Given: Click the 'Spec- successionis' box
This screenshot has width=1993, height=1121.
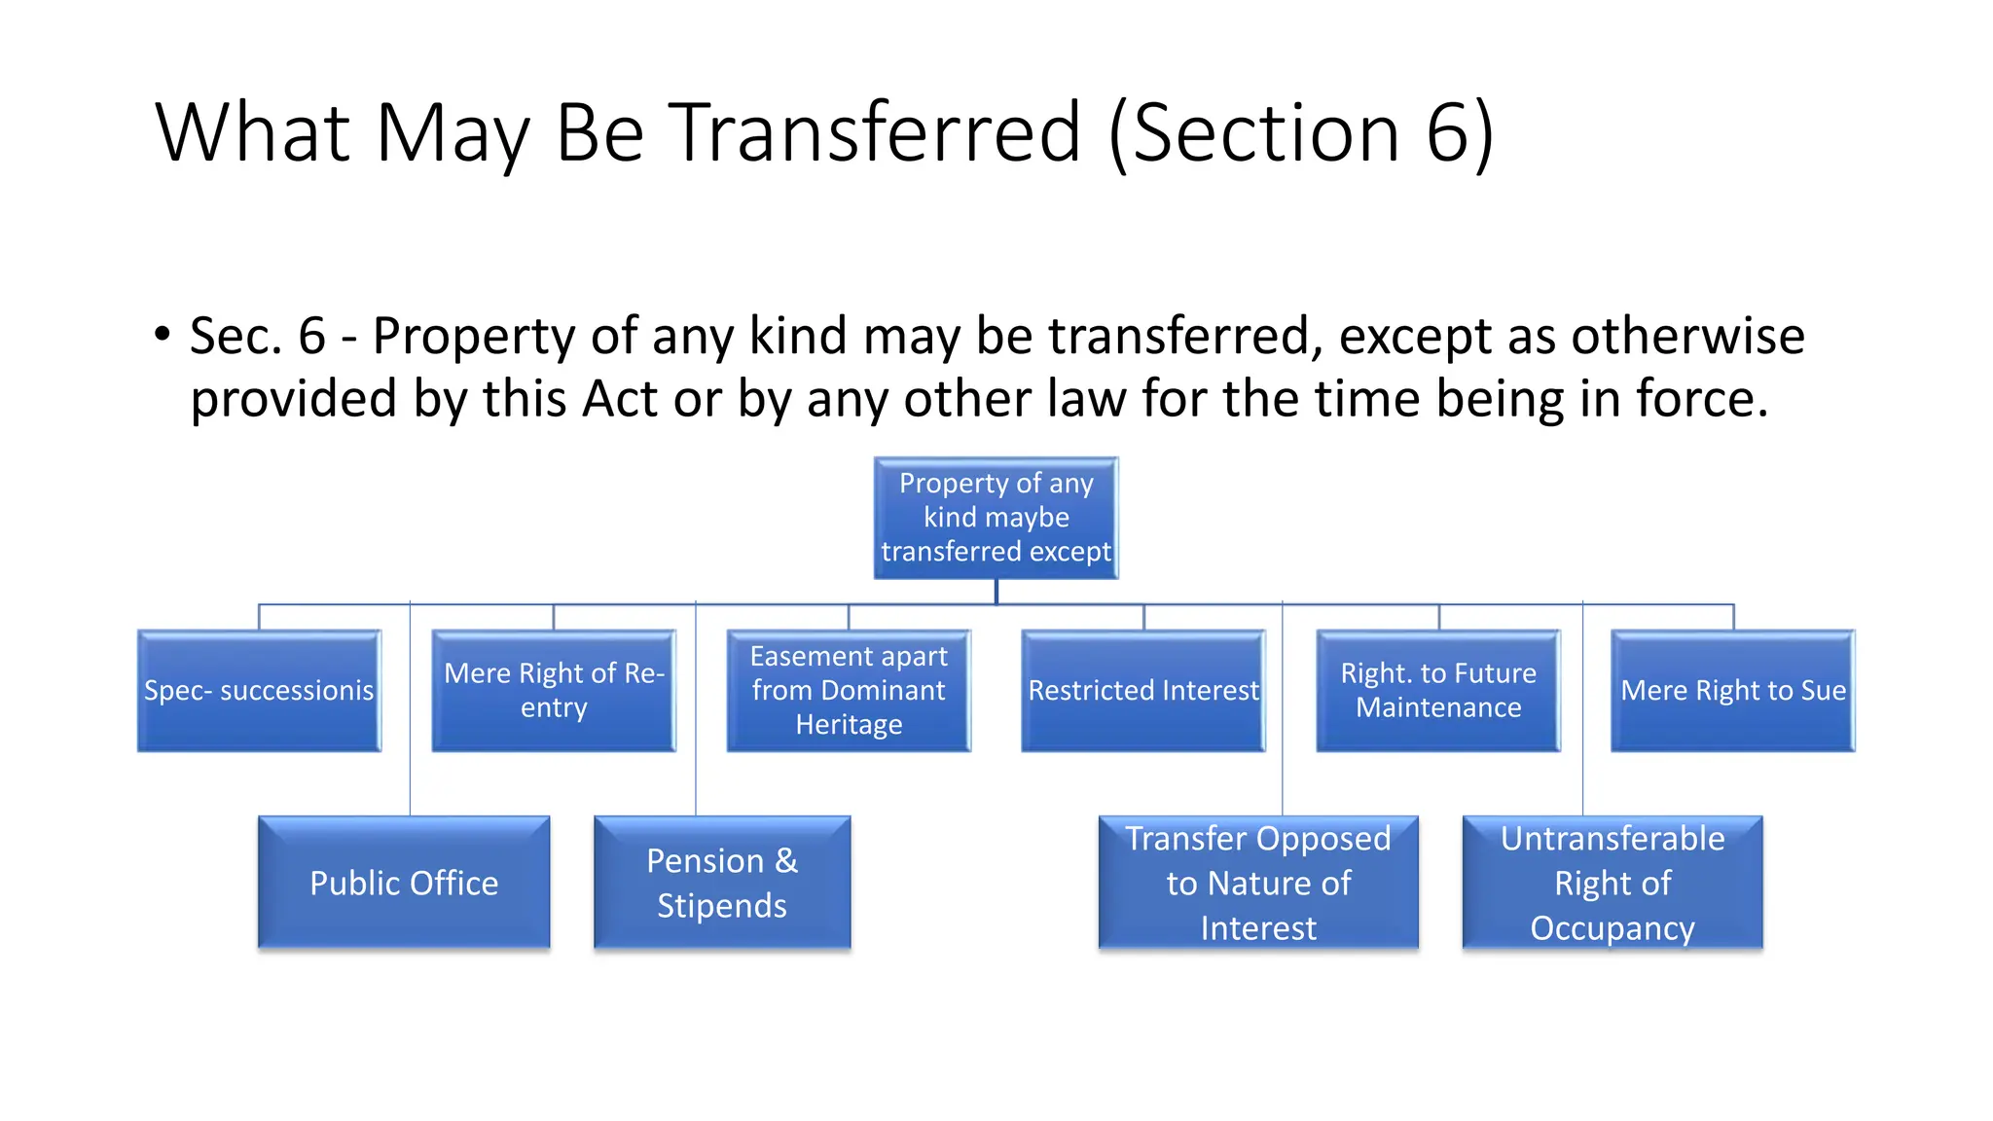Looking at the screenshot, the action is click(259, 691).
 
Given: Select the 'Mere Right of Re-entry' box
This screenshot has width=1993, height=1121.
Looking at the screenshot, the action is click(554, 691).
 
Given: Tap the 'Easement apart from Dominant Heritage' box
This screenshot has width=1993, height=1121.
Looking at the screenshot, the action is click(849, 691).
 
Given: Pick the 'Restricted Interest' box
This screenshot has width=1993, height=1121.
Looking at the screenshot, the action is click(1143, 691).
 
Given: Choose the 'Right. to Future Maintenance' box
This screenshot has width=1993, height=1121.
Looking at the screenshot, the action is click(1438, 691).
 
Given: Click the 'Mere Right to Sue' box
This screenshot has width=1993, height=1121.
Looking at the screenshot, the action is click(1733, 691).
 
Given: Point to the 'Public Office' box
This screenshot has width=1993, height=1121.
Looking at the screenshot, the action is click(404, 883).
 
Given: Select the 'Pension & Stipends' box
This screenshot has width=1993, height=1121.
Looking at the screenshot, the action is click(722, 883).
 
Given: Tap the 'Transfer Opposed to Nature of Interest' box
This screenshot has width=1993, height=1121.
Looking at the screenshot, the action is click(1258, 883).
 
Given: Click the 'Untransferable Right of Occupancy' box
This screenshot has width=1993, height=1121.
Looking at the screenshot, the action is click(1613, 883).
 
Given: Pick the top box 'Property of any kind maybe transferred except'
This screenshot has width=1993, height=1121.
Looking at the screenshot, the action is click(996, 518).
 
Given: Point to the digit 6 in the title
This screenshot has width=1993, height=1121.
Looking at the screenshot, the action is click(1447, 133).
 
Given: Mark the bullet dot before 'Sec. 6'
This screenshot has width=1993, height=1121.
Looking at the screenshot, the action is click(163, 335).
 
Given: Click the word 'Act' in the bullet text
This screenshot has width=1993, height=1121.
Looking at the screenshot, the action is click(620, 399).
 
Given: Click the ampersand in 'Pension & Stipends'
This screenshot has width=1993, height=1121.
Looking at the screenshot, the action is click(786, 861).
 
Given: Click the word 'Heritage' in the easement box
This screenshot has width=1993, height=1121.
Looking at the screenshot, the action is click(849, 725).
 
